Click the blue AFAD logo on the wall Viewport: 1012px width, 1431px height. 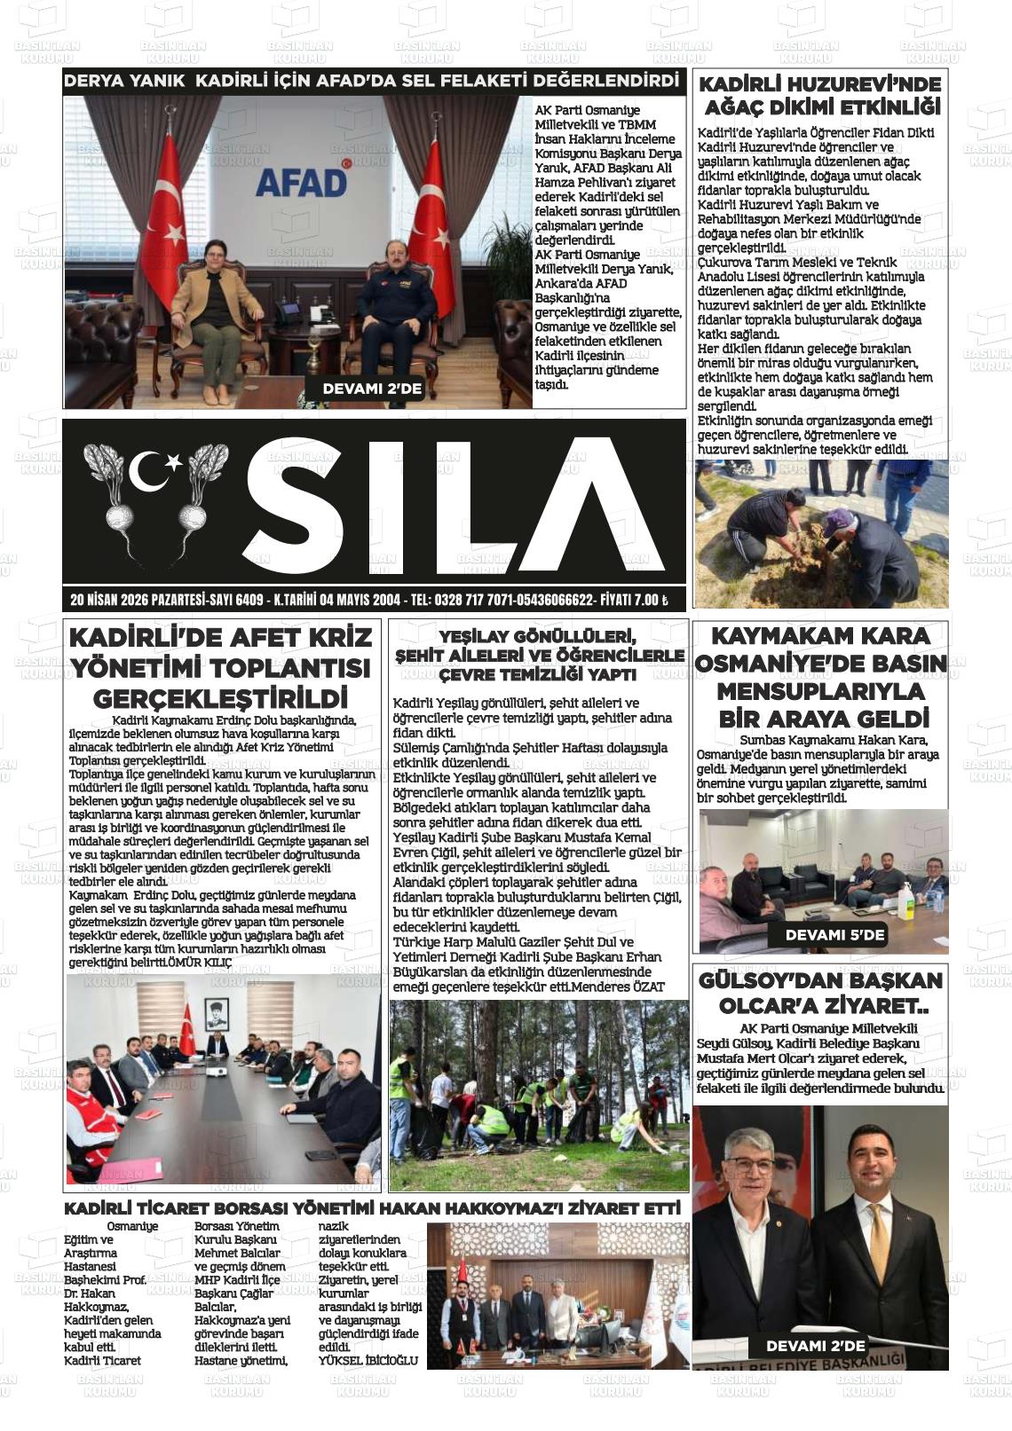[301, 182]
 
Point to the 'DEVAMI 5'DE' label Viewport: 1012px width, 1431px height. [834, 935]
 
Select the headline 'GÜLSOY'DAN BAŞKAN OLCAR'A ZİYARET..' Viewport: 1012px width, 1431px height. [820, 994]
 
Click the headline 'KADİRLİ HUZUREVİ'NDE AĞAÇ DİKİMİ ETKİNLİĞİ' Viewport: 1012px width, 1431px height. [819, 97]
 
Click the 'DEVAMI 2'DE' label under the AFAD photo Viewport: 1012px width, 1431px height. [372, 389]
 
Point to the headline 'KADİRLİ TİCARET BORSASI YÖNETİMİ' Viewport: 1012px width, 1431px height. [372, 1208]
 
